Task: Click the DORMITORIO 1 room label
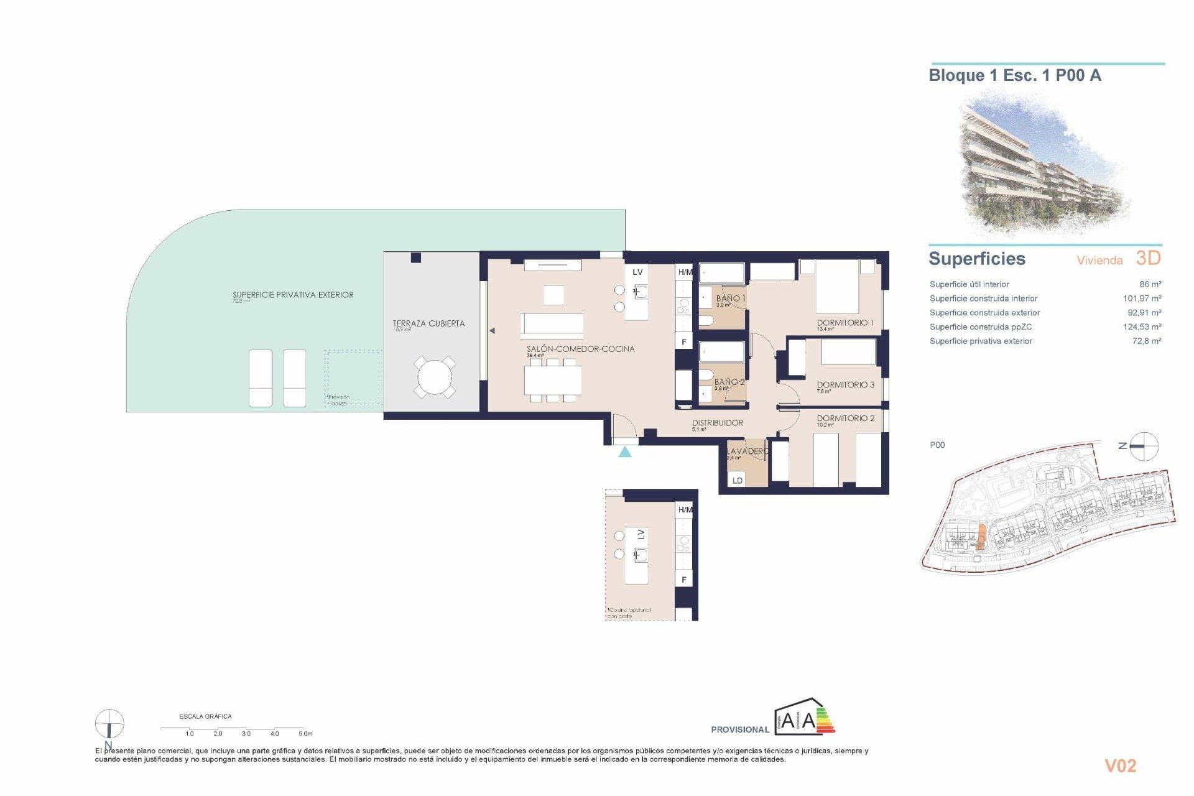point(845,323)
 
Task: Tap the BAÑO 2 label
point(728,382)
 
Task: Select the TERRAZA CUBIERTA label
point(428,323)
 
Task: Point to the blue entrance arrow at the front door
point(625,452)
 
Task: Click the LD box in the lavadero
point(738,480)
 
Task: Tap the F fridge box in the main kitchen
point(684,342)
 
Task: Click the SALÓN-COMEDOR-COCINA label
point(580,349)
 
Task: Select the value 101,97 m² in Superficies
point(1142,298)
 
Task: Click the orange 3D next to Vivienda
point(1148,258)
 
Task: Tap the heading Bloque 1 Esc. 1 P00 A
point(1014,76)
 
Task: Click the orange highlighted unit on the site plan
point(981,537)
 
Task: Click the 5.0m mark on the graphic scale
point(305,734)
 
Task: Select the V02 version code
point(1120,766)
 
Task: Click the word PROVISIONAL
point(740,729)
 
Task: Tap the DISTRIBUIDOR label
point(717,423)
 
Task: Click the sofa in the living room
point(552,325)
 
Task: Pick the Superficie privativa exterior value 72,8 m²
point(1146,341)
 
